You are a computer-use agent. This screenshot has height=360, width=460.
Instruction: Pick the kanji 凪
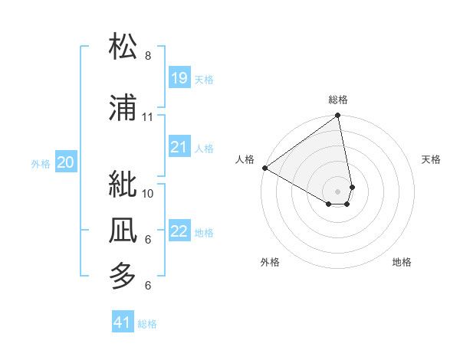click(x=123, y=230)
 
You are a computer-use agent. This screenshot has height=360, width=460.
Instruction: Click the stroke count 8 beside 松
click(x=148, y=56)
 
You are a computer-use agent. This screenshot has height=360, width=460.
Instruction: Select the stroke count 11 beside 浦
click(x=148, y=117)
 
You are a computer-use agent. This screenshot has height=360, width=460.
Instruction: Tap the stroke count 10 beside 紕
click(x=148, y=193)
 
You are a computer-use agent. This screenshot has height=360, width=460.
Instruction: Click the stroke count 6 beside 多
click(x=148, y=286)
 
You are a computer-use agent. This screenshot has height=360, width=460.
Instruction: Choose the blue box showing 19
click(x=179, y=77)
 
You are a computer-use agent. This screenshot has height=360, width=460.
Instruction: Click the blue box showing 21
click(x=179, y=146)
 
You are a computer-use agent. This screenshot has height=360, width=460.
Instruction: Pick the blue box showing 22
click(x=179, y=231)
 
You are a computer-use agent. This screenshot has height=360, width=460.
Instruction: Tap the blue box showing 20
click(x=66, y=162)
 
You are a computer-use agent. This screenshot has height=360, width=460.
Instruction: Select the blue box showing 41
click(x=123, y=322)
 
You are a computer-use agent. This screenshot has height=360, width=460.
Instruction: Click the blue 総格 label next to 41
click(x=147, y=324)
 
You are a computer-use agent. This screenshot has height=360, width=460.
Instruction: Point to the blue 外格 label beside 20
click(x=41, y=163)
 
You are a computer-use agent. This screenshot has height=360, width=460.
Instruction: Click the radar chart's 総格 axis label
click(x=338, y=100)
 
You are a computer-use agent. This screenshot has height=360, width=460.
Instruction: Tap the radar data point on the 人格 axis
click(x=264, y=168)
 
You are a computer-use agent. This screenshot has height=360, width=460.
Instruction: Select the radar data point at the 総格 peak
click(x=338, y=116)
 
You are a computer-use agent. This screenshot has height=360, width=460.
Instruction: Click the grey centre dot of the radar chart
click(x=338, y=190)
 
